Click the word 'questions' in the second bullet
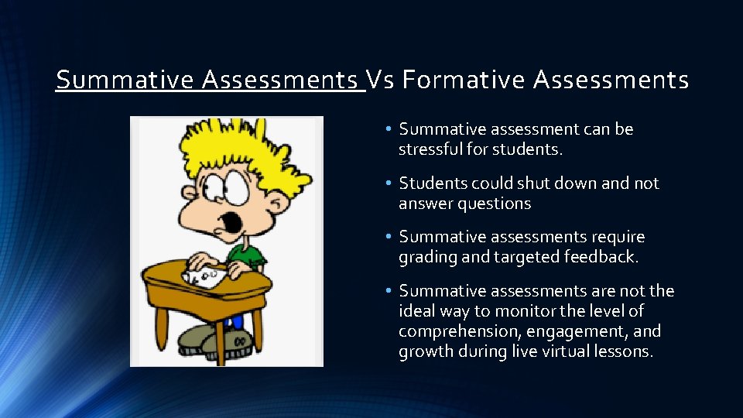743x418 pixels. (x=493, y=204)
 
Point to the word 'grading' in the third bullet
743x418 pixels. (x=428, y=257)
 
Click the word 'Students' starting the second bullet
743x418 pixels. (x=430, y=183)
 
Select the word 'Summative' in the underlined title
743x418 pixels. (x=125, y=80)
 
